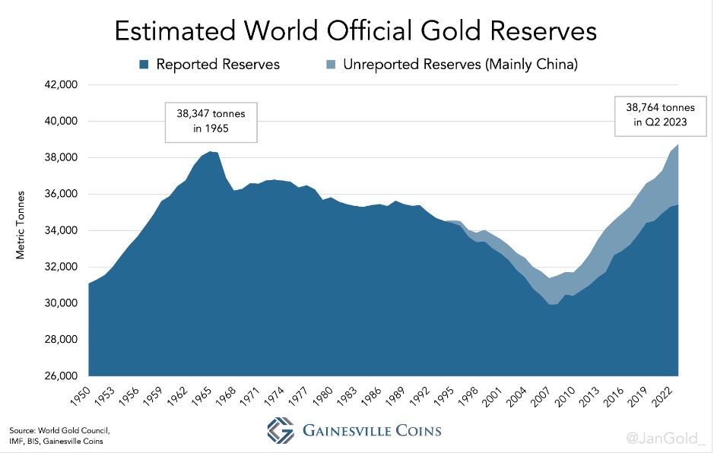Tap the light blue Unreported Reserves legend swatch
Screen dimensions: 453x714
pos(332,65)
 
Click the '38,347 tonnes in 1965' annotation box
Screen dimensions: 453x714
pos(211,121)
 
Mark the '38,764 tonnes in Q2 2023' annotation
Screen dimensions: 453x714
pos(654,116)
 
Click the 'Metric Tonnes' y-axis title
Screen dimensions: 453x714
pos(21,225)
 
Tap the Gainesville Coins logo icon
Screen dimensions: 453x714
pos(281,430)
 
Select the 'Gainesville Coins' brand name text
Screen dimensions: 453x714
pos(371,431)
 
